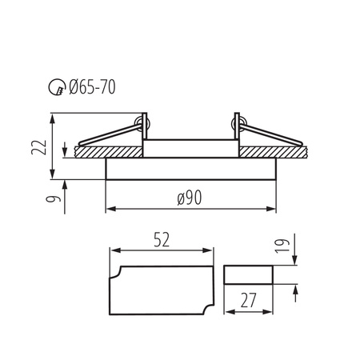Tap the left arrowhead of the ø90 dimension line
tap(110, 210)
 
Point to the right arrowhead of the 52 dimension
tap(211, 250)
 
